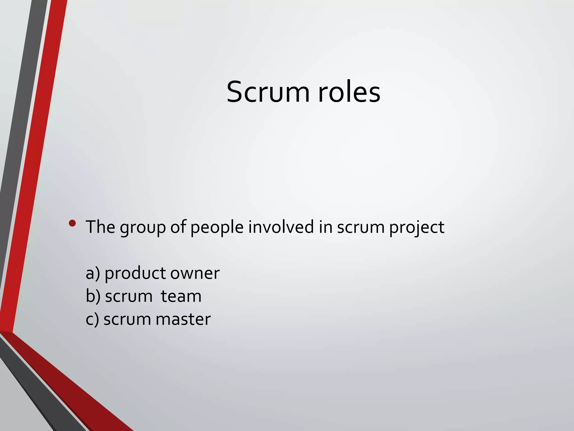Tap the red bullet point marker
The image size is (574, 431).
(x=72, y=223)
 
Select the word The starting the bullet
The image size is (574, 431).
(x=100, y=227)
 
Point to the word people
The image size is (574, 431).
(x=217, y=227)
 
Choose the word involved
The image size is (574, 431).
(x=281, y=227)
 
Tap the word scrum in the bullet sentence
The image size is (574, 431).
(x=360, y=227)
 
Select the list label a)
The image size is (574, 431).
(x=93, y=273)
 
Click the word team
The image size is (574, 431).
(x=181, y=297)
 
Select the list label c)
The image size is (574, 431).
(x=92, y=320)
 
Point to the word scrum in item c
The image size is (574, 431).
(x=127, y=320)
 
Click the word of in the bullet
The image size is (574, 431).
(x=178, y=227)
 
